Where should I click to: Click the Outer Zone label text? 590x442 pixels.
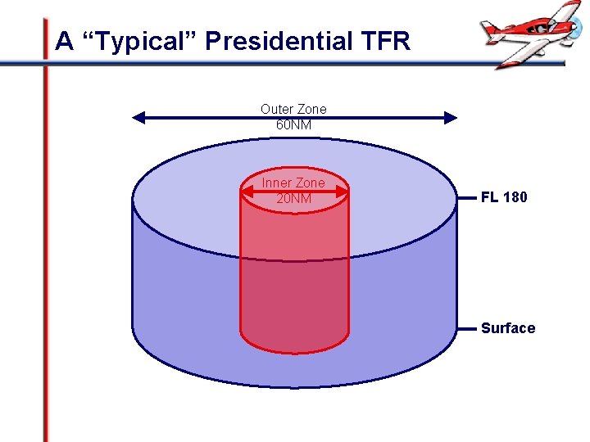click(x=293, y=109)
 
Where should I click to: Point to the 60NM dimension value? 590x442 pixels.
click(x=293, y=125)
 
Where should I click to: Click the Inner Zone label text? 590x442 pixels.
click(x=293, y=183)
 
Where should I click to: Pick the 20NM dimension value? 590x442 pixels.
click(x=293, y=198)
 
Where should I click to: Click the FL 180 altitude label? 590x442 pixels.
click(x=504, y=197)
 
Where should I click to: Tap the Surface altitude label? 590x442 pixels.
click(x=508, y=328)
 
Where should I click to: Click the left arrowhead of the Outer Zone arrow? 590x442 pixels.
click(x=138, y=118)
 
